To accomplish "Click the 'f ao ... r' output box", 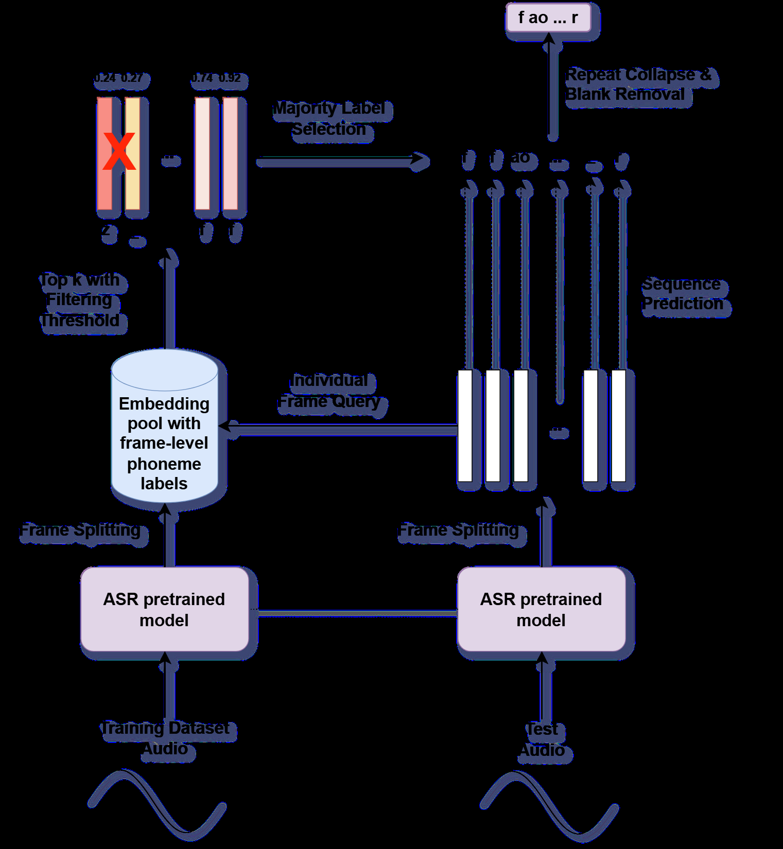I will point(548,18).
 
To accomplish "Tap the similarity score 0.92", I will point(230,78).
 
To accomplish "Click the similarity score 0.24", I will point(106,78).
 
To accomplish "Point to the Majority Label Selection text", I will point(329,119).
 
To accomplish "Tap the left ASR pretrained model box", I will point(164,609).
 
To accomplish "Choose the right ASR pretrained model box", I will point(541,609).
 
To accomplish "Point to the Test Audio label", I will point(542,739).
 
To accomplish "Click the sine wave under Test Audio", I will point(549,805).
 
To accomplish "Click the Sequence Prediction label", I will point(683,294).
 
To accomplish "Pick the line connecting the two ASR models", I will point(355,613).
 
